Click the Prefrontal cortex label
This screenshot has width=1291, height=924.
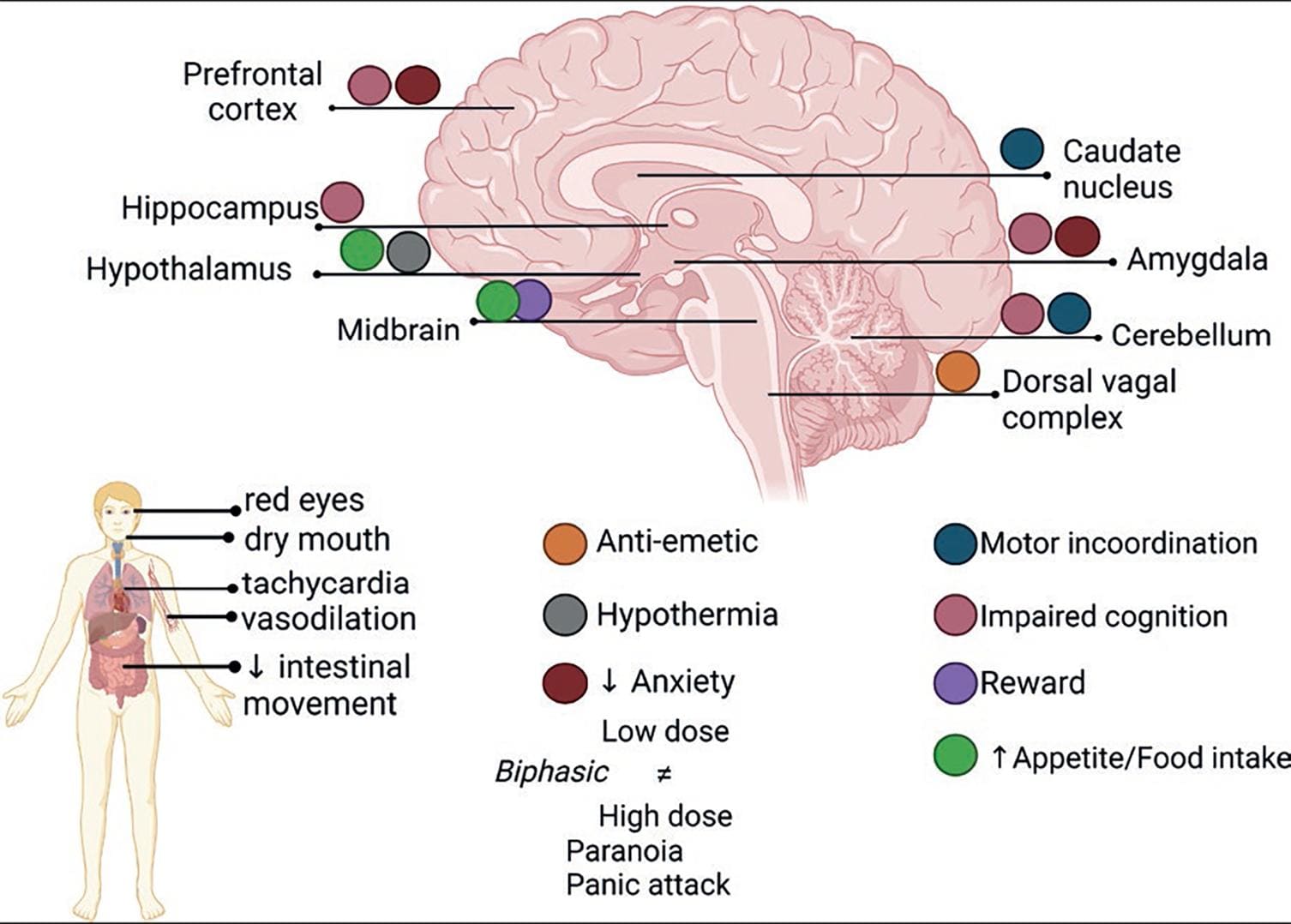252,92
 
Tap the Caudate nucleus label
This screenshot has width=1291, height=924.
1120,169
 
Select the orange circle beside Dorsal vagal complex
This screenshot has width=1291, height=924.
958,372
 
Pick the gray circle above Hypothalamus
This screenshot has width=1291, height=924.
408,252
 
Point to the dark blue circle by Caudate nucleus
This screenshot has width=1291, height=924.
1022,149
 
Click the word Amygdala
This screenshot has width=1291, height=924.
1197,260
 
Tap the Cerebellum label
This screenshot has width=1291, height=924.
1191,335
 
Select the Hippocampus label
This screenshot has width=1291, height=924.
219,208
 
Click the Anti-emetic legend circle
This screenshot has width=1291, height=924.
565,543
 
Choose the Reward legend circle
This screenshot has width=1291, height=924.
955,684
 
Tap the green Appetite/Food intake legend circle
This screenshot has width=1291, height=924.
955,756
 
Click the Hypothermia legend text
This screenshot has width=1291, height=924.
687,615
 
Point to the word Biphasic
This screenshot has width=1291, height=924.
551,771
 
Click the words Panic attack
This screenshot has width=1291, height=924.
648,885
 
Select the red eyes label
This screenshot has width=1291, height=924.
303,501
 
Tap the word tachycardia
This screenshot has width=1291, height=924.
326,584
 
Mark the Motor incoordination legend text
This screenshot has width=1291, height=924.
1118,543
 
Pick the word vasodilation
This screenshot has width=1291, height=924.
328,619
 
